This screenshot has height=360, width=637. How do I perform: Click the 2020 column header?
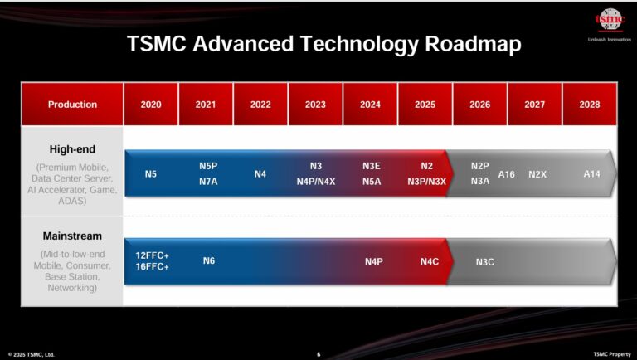151,105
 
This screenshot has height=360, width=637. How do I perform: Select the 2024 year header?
371,105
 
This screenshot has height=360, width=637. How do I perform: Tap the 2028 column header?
590,105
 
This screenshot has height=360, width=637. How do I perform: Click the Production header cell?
72,105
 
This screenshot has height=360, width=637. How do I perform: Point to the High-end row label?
72,149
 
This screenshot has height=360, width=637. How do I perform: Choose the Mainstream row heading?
72,236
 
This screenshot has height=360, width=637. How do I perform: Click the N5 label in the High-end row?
151,174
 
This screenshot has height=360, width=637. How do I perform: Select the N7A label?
208,181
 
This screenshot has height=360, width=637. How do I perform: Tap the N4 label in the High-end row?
260,174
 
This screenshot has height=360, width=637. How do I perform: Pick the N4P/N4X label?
316,181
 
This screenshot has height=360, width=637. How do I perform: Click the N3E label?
372,166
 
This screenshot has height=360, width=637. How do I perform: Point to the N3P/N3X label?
426,181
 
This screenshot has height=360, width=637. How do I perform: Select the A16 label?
507,174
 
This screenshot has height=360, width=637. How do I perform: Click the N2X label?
537,174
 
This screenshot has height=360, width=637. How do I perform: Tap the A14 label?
591,173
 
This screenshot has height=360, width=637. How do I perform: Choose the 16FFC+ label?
152,267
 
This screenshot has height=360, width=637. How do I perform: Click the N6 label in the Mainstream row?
209,261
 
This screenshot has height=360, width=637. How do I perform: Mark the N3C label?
485,262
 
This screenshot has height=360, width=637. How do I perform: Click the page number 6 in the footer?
318,354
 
